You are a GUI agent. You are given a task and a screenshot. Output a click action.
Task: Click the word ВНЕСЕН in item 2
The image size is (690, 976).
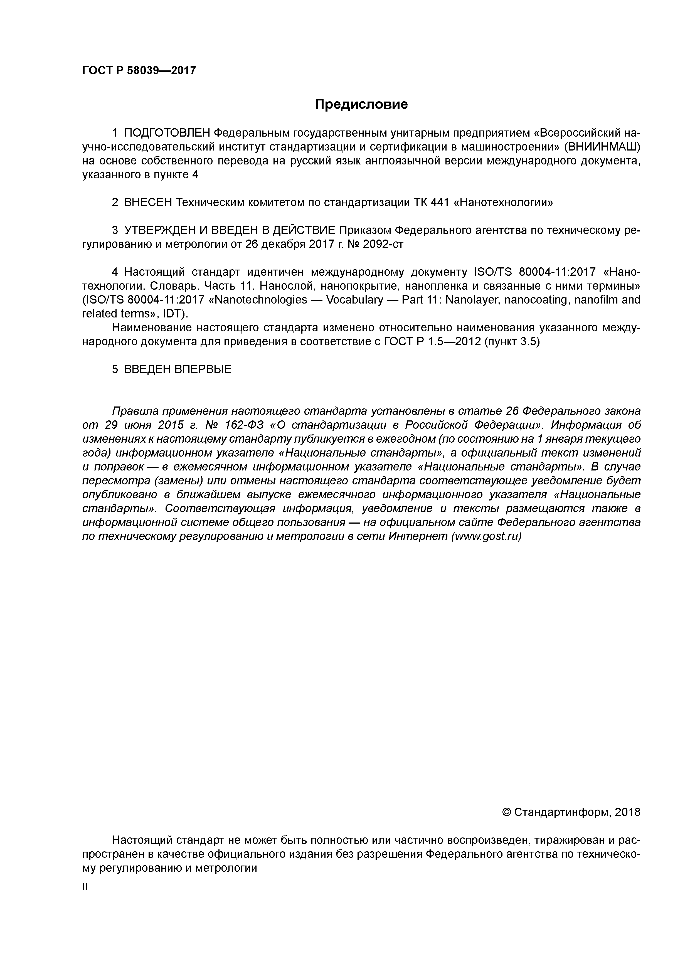point(147,203)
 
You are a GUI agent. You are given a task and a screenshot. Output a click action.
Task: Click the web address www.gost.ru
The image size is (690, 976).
point(486,536)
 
